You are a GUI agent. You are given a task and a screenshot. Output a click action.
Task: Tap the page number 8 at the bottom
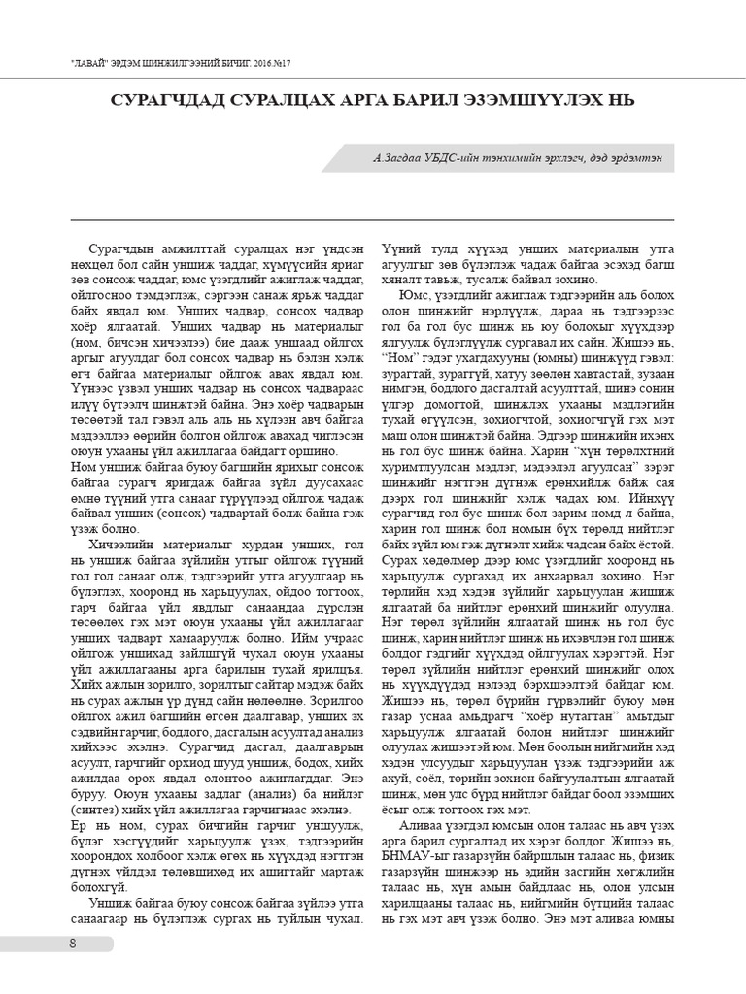(x=73, y=944)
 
